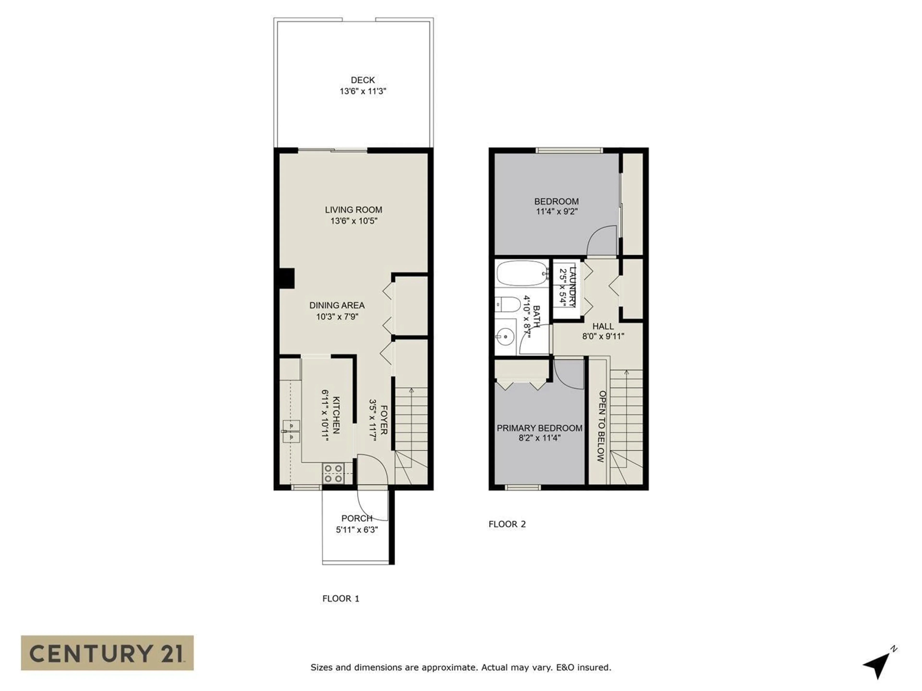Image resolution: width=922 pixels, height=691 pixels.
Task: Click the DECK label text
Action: click(x=363, y=80)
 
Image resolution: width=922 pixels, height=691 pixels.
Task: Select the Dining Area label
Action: click(x=337, y=305)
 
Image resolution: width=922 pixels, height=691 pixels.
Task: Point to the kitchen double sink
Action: click(x=291, y=431)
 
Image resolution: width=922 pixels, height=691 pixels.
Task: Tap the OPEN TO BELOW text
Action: click(x=601, y=426)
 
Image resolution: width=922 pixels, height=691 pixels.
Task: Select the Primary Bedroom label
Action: click(x=539, y=428)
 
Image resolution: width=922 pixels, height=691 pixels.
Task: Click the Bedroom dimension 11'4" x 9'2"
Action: click(x=557, y=212)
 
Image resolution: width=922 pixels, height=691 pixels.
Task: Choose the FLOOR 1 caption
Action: click(x=340, y=599)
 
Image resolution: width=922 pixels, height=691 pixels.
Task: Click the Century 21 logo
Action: click(x=107, y=653)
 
